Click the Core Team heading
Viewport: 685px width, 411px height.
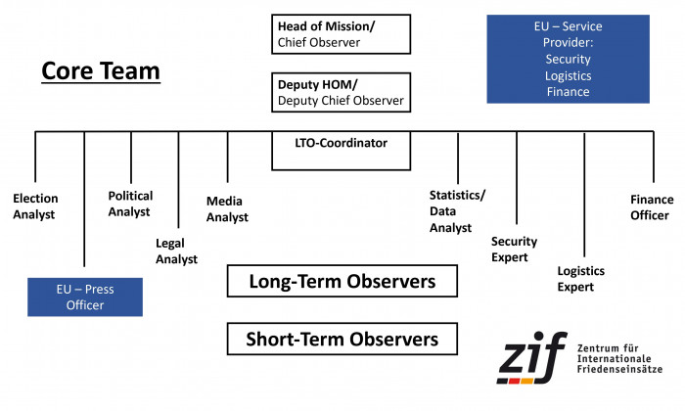coord(100,72)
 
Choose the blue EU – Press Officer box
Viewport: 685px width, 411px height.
coord(85,297)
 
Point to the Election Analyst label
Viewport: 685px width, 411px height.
coord(35,206)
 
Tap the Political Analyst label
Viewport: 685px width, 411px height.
coord(130,204)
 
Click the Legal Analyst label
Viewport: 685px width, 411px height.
coord(176,251)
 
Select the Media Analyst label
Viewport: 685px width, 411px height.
coord(227,209)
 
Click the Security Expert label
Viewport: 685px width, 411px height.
coord(515,250)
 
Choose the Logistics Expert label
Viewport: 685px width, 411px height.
coord(581,279)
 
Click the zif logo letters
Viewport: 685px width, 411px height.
coord(531,360)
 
